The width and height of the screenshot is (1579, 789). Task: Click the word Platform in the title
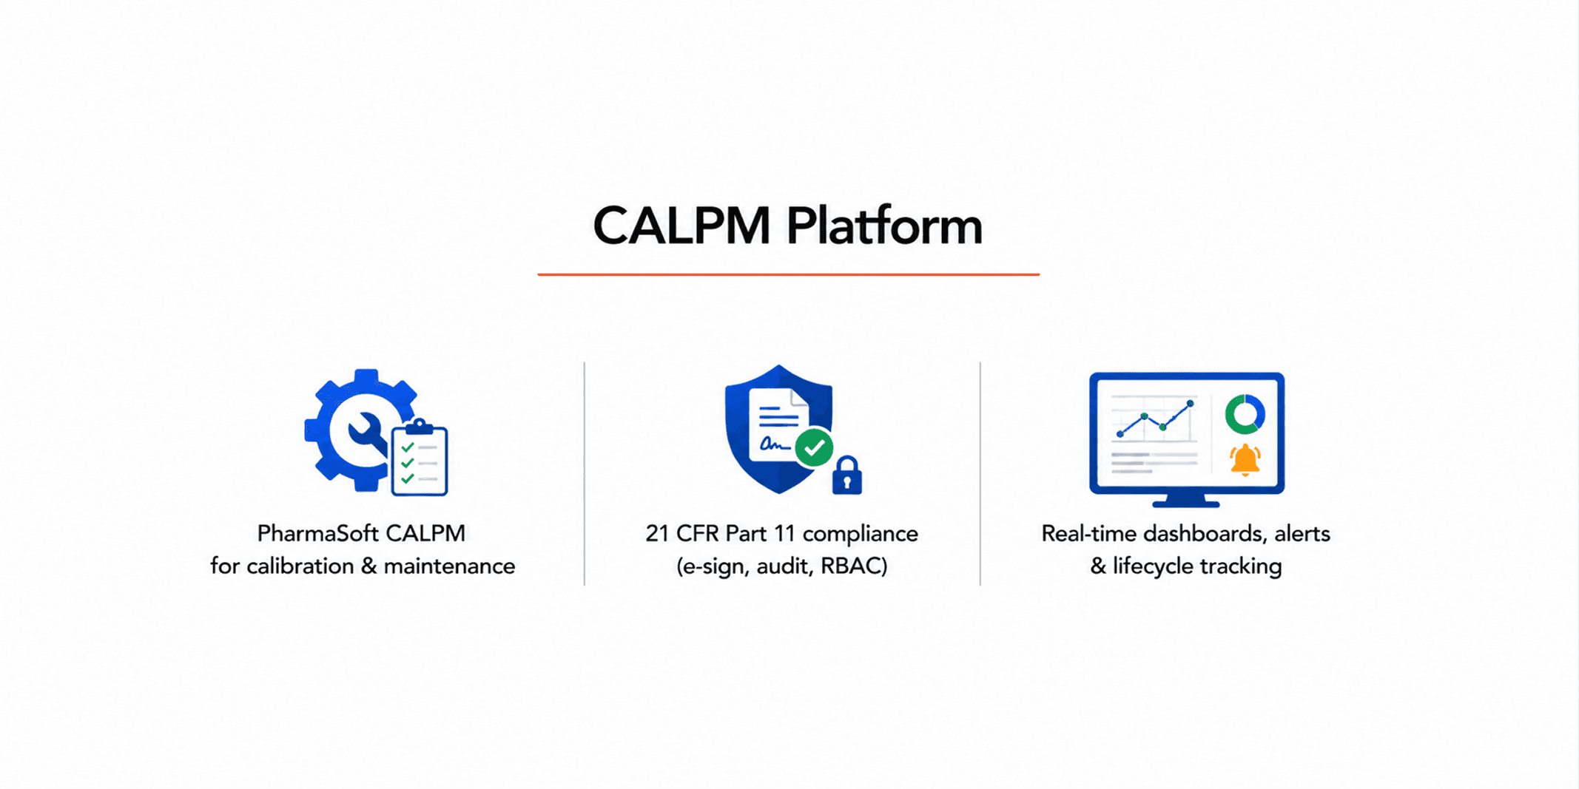tap(884, 226)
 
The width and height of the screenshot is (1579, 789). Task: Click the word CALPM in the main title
tap(681, 226)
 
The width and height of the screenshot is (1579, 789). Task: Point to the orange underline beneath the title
tap(789, 274)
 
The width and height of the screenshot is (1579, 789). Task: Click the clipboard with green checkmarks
tap(420, 458)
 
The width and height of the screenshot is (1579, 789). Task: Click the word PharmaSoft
tap(318, 533)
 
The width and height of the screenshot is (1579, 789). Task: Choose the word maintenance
tap(449, 566)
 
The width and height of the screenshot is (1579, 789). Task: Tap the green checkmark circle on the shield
tap(814, 447)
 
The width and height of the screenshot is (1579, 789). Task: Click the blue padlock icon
tap(847, 475)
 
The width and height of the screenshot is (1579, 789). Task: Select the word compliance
tap(860, 534)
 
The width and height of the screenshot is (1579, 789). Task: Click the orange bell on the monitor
tap(1245, 460)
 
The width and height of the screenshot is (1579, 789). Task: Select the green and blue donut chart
tap(1245, 414)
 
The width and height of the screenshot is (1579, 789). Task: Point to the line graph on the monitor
tap(1155, 419)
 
